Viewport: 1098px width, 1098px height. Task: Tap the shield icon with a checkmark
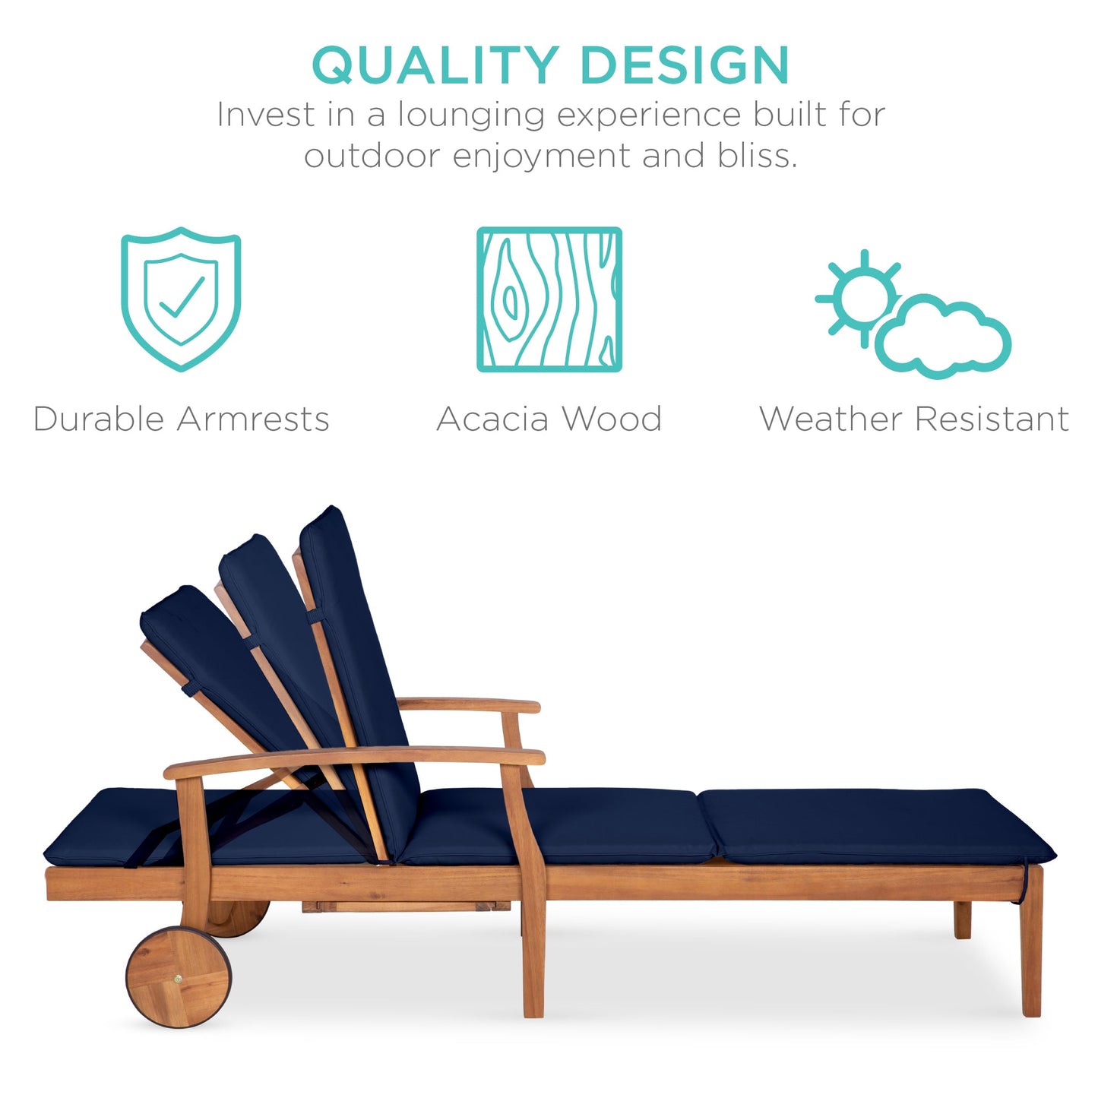(181, 299)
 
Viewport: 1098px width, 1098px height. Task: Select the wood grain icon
(549, 299)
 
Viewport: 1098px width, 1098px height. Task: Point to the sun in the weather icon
(864, 298)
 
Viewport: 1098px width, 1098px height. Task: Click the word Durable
(99, 419)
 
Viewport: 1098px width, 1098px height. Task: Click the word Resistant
(992, 419)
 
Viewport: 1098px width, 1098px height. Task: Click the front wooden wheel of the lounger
(178, 977)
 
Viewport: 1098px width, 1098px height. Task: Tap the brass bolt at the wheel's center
(178, 979)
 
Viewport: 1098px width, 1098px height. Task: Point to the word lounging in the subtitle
(471, 116)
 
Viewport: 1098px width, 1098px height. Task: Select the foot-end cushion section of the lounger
(874, 826)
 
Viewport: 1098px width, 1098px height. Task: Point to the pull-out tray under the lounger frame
(407, 907)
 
